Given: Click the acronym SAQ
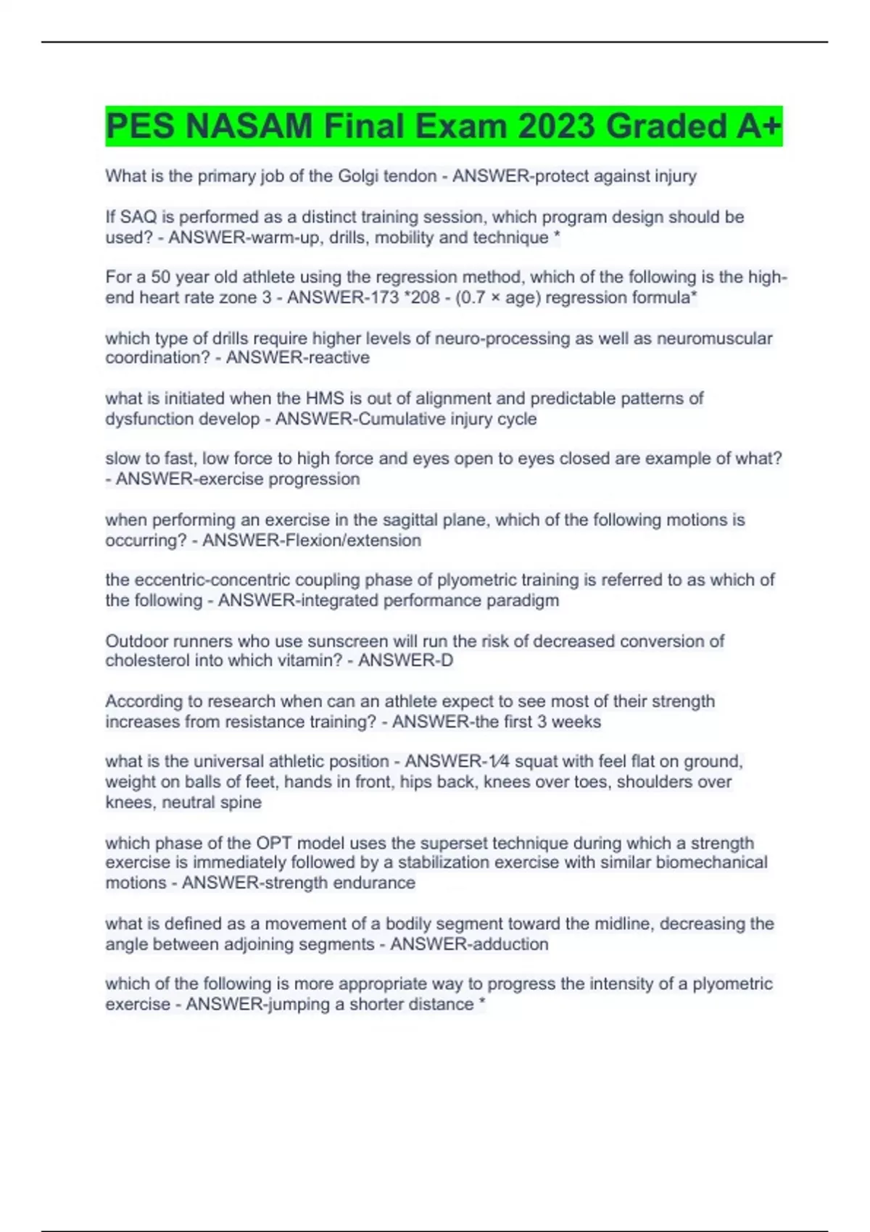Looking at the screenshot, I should coord(137,217).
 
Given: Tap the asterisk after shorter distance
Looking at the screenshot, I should coord(481,1004).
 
